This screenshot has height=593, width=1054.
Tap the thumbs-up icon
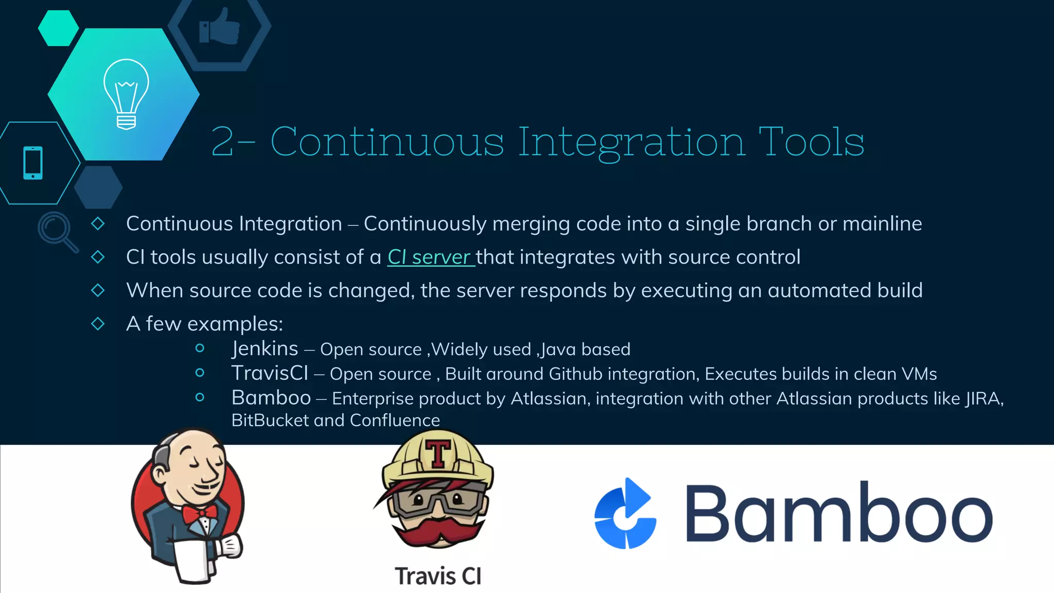coord(220,27)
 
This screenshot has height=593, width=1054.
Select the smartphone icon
coord(33,163)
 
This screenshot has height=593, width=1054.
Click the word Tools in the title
coord(811,142)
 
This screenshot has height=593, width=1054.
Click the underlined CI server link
coord(430,257)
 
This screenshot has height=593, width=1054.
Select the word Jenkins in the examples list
coord(265,349)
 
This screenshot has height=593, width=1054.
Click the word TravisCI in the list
coord(270,373)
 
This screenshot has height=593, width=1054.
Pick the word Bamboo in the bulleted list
coord(271,398)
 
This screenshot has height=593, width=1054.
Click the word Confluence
coord(395,421)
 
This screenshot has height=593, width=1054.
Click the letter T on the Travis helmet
coord(438,453)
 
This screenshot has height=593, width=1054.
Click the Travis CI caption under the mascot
coord(438,576)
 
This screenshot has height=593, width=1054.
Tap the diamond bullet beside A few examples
coord(98,324)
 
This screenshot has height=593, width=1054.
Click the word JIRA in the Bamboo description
coord(982,398)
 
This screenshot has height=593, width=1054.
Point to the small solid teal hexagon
coord(58,28)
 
